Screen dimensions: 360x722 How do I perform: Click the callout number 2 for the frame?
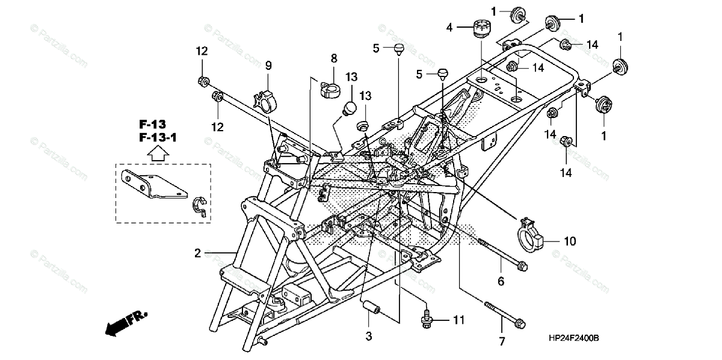pos(197,254)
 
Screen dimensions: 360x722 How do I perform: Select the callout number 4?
pos(449,27)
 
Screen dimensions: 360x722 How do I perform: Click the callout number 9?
pos(268,65)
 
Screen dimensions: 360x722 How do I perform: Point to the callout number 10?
pos(569,241)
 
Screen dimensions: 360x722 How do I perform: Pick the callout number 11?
pos(458,320)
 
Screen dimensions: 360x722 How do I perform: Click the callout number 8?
pos(334,58)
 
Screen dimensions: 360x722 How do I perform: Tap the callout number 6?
pos(501,281)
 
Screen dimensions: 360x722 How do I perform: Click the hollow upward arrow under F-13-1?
pos(156,153)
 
